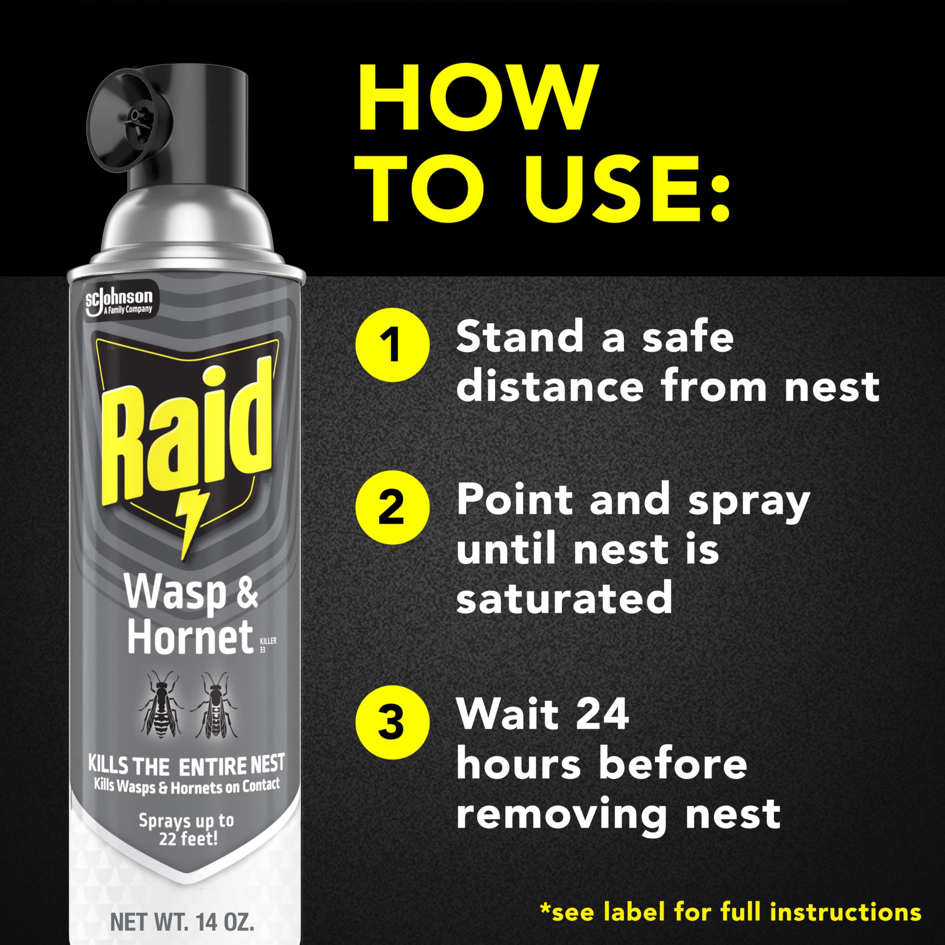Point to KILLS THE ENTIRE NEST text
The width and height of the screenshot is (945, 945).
(186, 766)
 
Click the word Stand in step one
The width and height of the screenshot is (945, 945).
(519, 339)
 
